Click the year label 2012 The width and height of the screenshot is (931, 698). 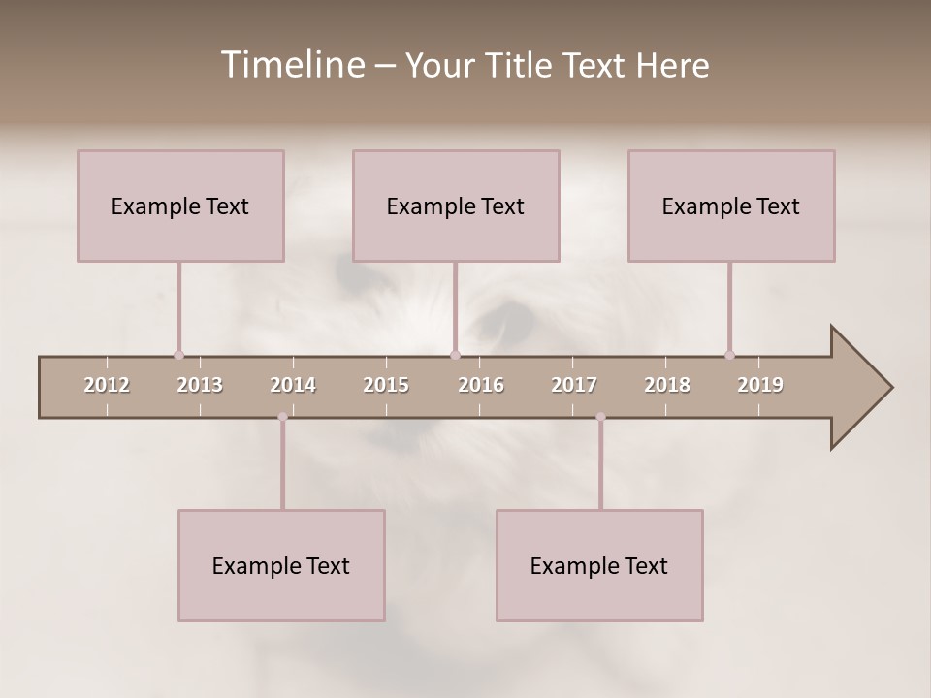pos(107,385)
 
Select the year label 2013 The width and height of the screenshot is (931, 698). pos(200,385)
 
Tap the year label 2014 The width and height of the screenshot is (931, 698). pos(293,385)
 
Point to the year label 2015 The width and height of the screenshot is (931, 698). pos(386,385)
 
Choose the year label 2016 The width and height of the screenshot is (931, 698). pos(481,385)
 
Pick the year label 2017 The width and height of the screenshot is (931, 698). pos(574,385)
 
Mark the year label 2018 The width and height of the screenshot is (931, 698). pos(667,385)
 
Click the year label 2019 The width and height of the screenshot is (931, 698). pos(760,385)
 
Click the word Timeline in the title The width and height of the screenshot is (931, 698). pos(292,65)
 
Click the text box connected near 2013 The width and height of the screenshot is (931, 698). pos(180,206)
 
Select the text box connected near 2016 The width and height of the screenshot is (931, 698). pos(456,206)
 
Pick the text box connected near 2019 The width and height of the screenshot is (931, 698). pos(731,206)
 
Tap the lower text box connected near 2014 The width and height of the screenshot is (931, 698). pos(281,565)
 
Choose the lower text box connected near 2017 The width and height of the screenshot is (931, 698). pos(599,565)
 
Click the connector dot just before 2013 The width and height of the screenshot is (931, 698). pos(178,355)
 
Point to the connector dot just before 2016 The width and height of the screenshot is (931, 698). pos(455,355)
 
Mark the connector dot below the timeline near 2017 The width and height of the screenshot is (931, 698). pos(600,417)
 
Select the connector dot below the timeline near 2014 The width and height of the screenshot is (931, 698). pos(282,417)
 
